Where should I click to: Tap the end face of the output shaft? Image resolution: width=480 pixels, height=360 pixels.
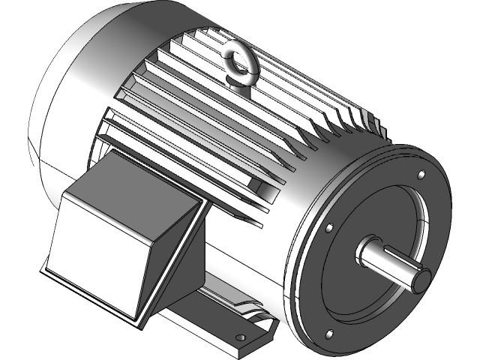pos(418,278)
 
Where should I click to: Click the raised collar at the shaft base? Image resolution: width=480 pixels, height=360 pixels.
pos(363,250)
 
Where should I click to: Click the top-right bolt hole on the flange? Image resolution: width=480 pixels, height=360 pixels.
pos(421,175)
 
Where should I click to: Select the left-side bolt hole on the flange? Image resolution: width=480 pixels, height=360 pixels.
pos(328,226)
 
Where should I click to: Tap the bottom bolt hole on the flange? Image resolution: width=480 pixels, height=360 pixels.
pos(328,333)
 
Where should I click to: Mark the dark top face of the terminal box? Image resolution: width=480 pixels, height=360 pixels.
pos(127,180)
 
